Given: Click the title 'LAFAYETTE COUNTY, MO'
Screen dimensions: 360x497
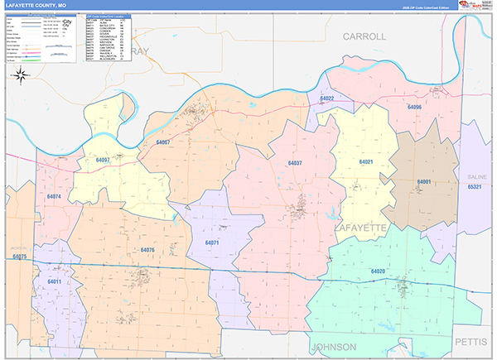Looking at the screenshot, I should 39,5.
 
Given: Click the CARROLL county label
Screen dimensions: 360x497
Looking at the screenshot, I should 364,37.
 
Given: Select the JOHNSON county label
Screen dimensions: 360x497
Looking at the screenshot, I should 333,346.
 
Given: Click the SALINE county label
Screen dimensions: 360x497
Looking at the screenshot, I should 474,177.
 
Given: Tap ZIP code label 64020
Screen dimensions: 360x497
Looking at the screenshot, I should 378,271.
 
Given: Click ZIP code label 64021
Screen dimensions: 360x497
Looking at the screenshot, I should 365,162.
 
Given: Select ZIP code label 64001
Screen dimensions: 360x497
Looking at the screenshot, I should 424,181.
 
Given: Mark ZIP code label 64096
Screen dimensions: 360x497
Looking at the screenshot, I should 415,108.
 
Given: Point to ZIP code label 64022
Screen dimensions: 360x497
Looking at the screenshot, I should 326,98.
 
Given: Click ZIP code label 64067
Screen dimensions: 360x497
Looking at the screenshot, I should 162,142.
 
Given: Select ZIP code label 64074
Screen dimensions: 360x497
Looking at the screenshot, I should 55,196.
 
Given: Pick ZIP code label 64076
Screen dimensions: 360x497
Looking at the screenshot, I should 147,249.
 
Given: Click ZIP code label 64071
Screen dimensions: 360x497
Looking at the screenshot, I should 212,242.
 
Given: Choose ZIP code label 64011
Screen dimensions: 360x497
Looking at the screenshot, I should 55,282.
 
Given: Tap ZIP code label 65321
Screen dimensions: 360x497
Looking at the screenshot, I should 474,187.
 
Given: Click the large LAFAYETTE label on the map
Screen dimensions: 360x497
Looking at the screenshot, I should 360,226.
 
